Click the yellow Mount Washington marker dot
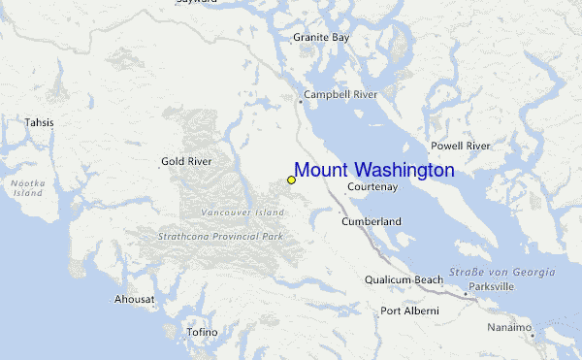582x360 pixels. (x=291, y=180)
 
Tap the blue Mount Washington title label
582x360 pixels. (x=374, y=171)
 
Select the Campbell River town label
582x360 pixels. (x=339, y=95)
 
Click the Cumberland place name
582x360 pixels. (x=372, y=222)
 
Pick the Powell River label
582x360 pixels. (x=461, y=146)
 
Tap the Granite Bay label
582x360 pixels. (x=321, y=37)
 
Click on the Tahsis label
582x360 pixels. (x=40, y=123)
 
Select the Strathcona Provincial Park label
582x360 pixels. (x=220, y=236)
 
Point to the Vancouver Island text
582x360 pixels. (x=242, y=212)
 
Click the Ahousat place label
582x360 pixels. (x=134, y=299)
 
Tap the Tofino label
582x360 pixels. (x=203, y=332)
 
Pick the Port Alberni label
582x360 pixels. (x=409, y=311)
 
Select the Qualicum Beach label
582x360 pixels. (x=404, y=279)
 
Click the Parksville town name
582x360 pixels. (x=491, y=287)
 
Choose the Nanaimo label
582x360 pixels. (x=509, y=328)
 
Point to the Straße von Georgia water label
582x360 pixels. (x=502, y=272)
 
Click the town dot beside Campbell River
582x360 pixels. (x=300, y=97)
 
